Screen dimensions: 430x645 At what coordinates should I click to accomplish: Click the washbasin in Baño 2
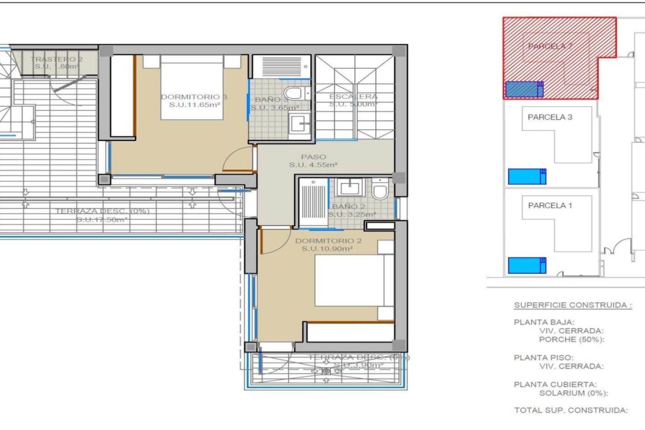350,187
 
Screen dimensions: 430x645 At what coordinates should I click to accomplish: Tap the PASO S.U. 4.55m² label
313,161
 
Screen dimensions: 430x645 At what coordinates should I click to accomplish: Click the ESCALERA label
353,97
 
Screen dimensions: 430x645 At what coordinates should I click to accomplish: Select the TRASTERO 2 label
56,59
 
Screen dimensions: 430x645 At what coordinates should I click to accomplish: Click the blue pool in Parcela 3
527,176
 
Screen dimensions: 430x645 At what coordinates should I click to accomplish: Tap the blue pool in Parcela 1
527,265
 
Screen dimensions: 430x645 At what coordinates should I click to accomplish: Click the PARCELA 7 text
550,46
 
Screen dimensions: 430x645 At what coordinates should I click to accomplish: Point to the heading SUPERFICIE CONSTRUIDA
573,305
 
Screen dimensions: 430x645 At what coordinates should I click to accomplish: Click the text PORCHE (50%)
571,340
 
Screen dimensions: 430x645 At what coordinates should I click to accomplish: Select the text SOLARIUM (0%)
573,393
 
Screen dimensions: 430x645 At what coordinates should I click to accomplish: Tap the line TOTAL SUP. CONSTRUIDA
571,410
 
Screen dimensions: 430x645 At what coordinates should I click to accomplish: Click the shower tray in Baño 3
282,66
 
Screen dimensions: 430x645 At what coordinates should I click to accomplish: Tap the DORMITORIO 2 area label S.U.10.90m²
327,249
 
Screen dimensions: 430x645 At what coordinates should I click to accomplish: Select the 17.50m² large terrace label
102,220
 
